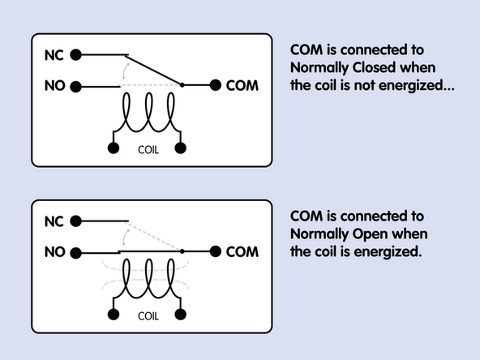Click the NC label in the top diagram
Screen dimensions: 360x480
click(x=53, y=56)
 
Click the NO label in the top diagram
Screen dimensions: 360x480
click(x=53, y=85)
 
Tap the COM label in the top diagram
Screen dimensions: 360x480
click(x=242, y=85)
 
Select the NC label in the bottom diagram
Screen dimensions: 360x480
click(x=53, y=221)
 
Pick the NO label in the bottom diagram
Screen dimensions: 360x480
click(x=53, y=252)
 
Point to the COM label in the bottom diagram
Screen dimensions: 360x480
click(x=242, y=252)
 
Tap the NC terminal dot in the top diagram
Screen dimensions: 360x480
click(x=75, y=55)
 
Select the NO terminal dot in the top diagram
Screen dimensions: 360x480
click(x=75, y=85)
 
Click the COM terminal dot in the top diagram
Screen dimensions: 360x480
click(x=215, y=85)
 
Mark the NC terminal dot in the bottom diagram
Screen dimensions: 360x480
click(x=75, y=221)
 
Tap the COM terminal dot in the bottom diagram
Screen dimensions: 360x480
click(x=215, y=252)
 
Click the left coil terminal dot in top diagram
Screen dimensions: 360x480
click(x=113, y=148)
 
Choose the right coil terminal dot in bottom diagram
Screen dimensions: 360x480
click(x=181, y=315)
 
